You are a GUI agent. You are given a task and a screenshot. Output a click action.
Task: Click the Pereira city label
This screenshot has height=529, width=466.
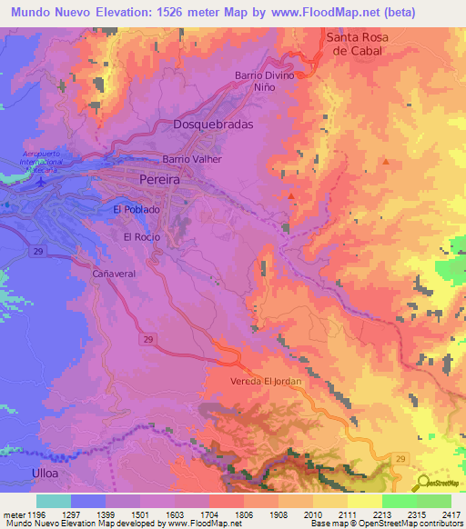[159, 181]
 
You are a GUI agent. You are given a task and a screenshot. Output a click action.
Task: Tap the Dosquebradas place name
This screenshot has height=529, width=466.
[212, 125]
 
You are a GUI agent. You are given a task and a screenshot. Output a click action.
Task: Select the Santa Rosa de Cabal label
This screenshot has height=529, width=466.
[364, 45]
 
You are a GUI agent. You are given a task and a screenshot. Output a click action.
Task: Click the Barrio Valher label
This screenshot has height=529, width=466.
[192, 159]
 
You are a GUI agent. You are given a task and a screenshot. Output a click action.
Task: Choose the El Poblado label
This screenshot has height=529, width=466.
[137, 210]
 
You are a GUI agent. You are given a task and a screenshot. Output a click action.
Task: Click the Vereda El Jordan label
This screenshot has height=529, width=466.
[266, 382]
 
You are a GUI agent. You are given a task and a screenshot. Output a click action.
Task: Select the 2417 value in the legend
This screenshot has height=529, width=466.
[451, 514]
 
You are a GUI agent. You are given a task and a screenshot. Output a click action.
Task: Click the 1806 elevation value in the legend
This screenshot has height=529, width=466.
[244, 514]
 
